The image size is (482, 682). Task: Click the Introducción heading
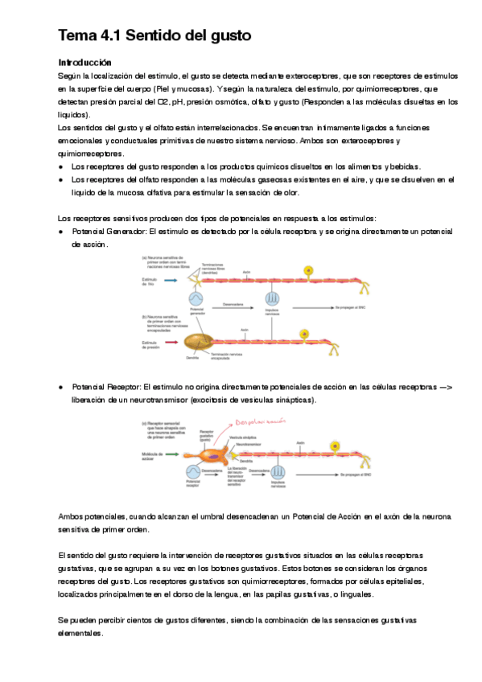(x=84, y=62)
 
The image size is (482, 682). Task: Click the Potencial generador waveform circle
(x=196, y=298)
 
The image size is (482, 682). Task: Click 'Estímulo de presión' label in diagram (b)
(x=151, y=343)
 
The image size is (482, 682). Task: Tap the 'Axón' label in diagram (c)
(x=299, y=442)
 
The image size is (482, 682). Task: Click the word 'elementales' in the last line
(x=81, y=633)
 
